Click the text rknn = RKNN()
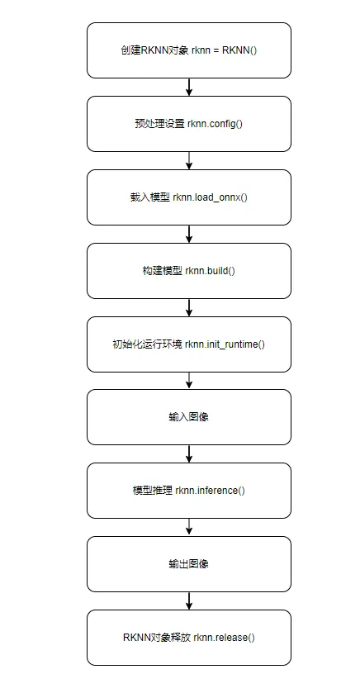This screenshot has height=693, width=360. click(x=225, y=50)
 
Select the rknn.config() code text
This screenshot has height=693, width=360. click(x=216, y=124)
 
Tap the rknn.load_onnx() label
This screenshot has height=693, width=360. click(x=211, y=197)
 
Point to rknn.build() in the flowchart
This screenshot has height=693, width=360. click(x=210, y=270)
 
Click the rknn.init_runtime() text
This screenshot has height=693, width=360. click(x=225, y=344)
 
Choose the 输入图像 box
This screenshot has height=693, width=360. click(x=189, y=417)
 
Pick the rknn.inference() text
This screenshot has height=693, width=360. click(x=210, y=490)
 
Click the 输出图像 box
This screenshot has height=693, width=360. click(x=189, y=564)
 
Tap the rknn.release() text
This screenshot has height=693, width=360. click(x=224, y=638)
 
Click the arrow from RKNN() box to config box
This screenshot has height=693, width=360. click(x=189, y=87)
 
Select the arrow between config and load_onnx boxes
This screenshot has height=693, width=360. click(x=189, y=160)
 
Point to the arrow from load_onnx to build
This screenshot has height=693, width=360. click(x=189, y=234)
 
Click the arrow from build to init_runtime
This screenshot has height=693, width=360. click(x=189, y=307)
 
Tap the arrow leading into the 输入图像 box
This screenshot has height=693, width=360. click(x=189, y=381)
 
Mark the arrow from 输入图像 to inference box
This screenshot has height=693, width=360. click(x=189, y=453)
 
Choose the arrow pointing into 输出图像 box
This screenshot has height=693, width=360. click(x=189, y=527)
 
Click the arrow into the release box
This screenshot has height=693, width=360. click(x=189, y=600)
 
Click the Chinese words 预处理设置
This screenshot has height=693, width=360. click(x=159, y=124)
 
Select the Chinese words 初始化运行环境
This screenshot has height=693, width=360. click(x=147, y=344)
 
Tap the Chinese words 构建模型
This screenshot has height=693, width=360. click(x=162, y=270)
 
